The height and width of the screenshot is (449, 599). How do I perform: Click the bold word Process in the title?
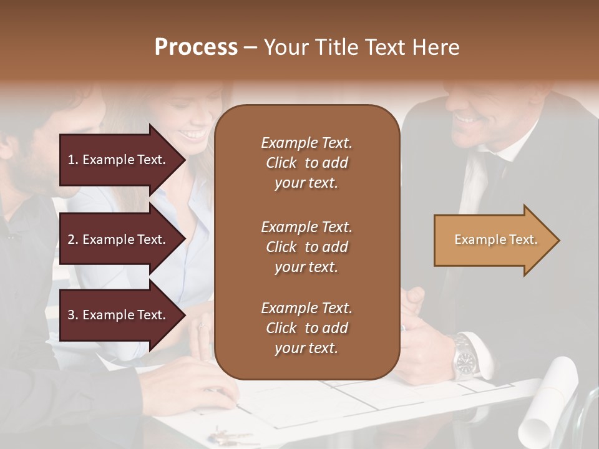pos(196,47)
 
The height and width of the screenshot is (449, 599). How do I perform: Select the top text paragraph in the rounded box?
pos(306,163)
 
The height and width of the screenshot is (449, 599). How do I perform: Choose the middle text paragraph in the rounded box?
pos(306,247)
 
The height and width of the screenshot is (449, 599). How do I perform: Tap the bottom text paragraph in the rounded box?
pos(306,328)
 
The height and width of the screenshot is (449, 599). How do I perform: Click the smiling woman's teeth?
pos(195,134)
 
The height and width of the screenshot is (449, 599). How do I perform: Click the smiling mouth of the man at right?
pos(465,118)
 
